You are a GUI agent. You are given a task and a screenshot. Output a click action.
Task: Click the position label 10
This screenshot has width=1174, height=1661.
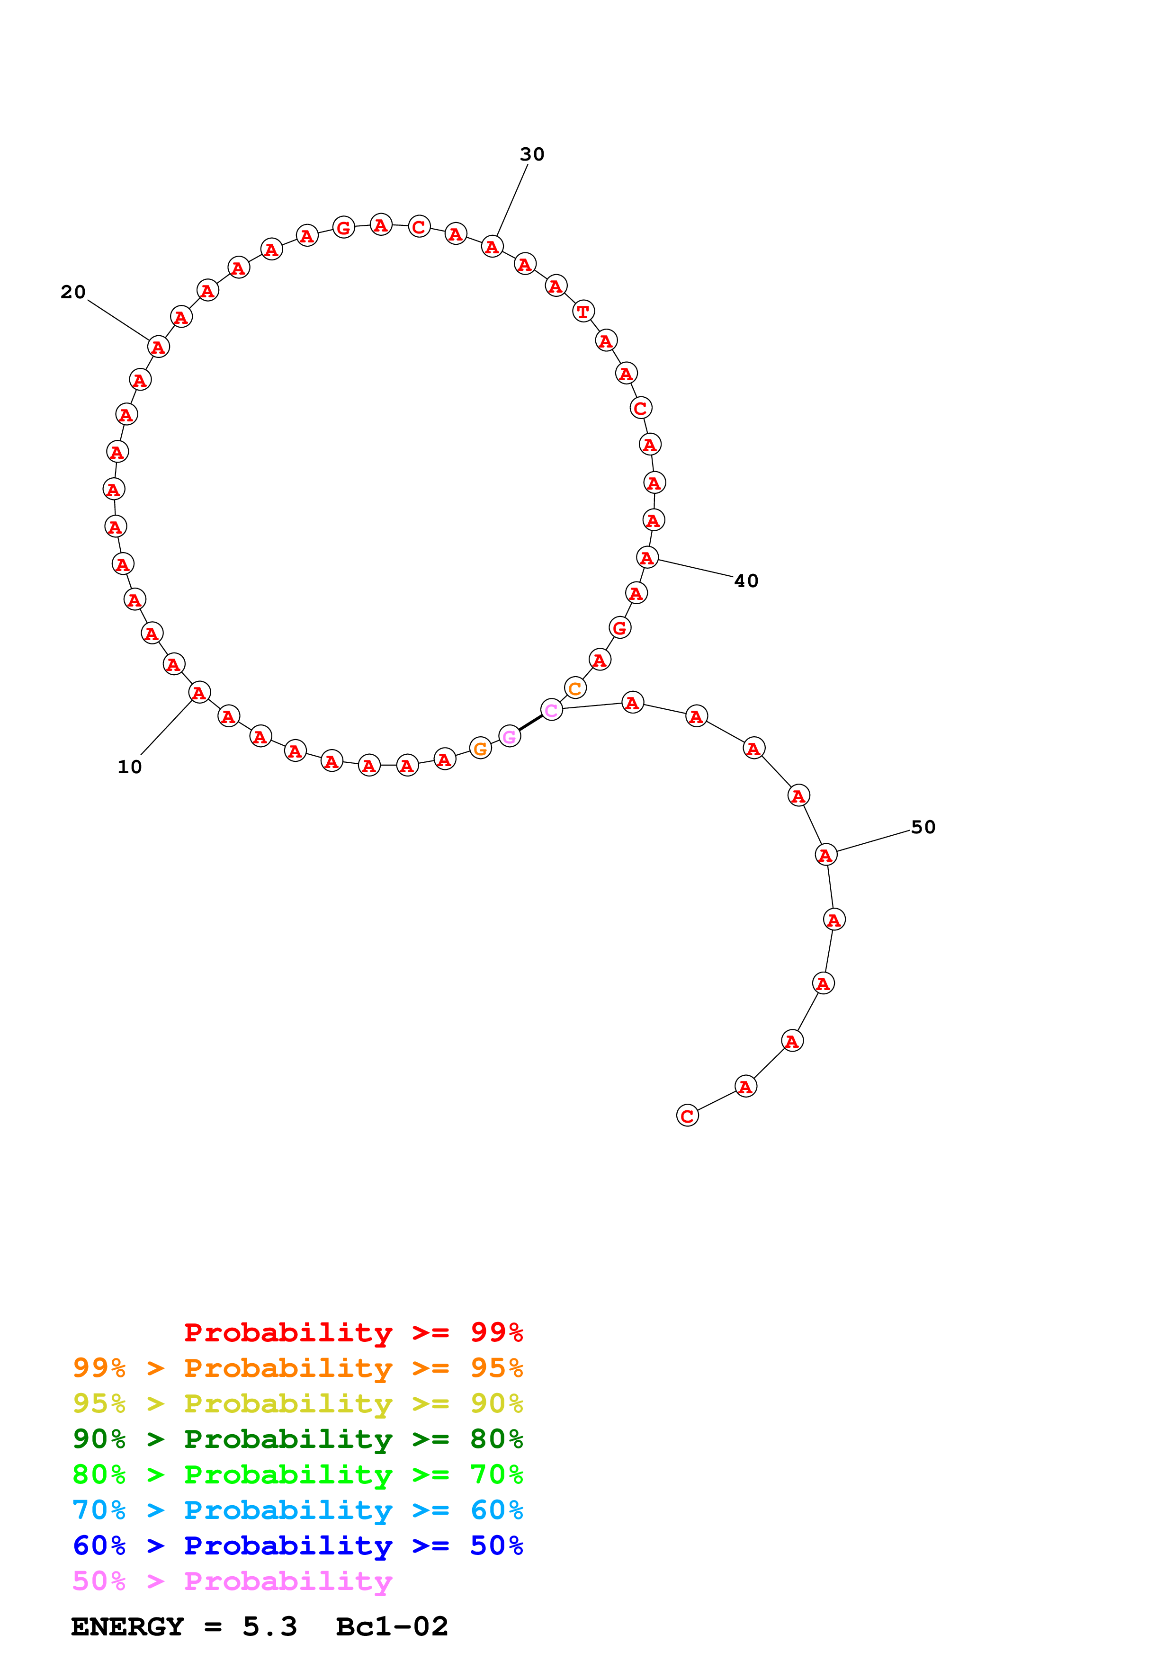[129, 767]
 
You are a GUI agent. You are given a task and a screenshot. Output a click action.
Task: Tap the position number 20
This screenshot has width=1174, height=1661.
[73, 292]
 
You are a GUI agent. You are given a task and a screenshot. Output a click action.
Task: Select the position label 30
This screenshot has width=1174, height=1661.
[532, 154]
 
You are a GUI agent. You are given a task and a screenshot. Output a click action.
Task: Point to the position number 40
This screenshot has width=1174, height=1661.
[746, 581]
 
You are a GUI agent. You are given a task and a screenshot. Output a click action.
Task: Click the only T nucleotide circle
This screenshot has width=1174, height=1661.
[583, 312]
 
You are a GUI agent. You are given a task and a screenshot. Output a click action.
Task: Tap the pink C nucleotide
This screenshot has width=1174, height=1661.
[551, 710]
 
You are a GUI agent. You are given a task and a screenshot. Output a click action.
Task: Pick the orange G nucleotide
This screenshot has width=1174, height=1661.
[480, 748]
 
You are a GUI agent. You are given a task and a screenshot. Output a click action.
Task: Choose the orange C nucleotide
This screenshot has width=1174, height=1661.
[575, 688]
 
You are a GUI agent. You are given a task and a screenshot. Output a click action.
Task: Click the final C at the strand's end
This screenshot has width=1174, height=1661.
[687, 1116]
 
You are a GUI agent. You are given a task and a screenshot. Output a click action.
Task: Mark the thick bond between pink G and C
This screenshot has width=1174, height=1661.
[530, 723]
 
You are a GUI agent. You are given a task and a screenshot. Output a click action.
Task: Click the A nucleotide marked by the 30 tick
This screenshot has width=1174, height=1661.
[492, 247]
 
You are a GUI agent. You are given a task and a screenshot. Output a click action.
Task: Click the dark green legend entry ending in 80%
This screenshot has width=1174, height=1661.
[297, 1439]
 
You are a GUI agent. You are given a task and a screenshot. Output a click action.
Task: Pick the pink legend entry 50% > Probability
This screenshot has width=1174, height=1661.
[232, 1581]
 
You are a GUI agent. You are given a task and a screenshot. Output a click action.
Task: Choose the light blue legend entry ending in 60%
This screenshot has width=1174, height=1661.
[297, 1510]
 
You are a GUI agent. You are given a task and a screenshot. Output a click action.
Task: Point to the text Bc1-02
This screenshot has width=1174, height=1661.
[392, 1626]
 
